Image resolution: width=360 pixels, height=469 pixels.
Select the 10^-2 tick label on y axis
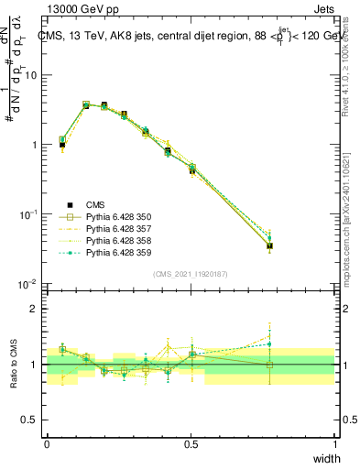click(28, 284)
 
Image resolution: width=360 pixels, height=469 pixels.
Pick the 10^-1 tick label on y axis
click(28, 214)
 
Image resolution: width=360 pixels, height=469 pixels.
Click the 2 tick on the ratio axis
click(35, 309)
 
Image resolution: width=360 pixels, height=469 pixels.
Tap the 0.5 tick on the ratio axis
click(30, 420)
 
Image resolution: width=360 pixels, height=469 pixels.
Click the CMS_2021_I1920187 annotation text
click(190, 274)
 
